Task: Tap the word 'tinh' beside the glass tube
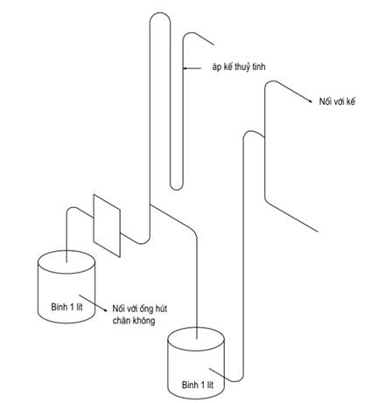[x=258, y=66]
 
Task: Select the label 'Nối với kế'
[x=337, y=101]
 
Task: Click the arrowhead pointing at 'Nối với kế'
[x=311, y=101]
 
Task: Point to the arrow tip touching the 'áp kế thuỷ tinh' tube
[x=184, y=68]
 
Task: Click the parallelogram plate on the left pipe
[x=107, y=226]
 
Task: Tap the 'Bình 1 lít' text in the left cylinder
[x=66, y=307]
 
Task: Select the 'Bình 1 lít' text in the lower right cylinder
[x=198, y=385]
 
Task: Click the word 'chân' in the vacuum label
[x=122, y=321]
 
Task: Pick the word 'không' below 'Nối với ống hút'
[x=143, y=321]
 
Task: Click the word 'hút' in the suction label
[x=161, y=309]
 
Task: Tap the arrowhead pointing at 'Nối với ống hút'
[x=105, y=309]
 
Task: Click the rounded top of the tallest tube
[x=160, y=13]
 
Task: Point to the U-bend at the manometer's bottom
[x=177, y=189]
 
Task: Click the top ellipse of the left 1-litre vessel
[x=66, y=262]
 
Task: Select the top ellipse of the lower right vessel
[x=196, y=339]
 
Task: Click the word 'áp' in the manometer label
[x=217, y=67]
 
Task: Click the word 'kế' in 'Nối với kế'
[x=351, y=101]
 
